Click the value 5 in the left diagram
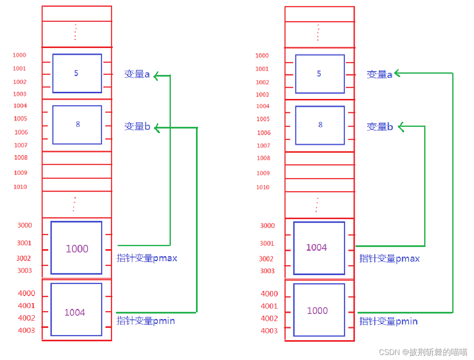(76, 73)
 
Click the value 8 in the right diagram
(320, 125)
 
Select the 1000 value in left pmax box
(77, 249)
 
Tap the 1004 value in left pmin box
(75, 312)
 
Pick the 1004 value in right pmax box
(317, 247)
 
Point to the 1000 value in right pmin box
(317, 311)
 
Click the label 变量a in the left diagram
(137, 75)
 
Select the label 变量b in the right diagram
(380, 127)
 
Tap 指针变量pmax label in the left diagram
(147, 258)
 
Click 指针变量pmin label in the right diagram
(389, 321)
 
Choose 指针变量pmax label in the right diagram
(389, 259)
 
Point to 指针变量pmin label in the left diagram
(146, 321)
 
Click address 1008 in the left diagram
(21, 157)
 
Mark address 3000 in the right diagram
(268, 226)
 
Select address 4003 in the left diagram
(26, 330)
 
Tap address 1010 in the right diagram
(263, 187)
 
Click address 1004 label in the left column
(20, 105)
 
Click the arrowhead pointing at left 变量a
(156, 76)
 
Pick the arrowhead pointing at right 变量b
(401, 126)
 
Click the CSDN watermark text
(423, 352)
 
